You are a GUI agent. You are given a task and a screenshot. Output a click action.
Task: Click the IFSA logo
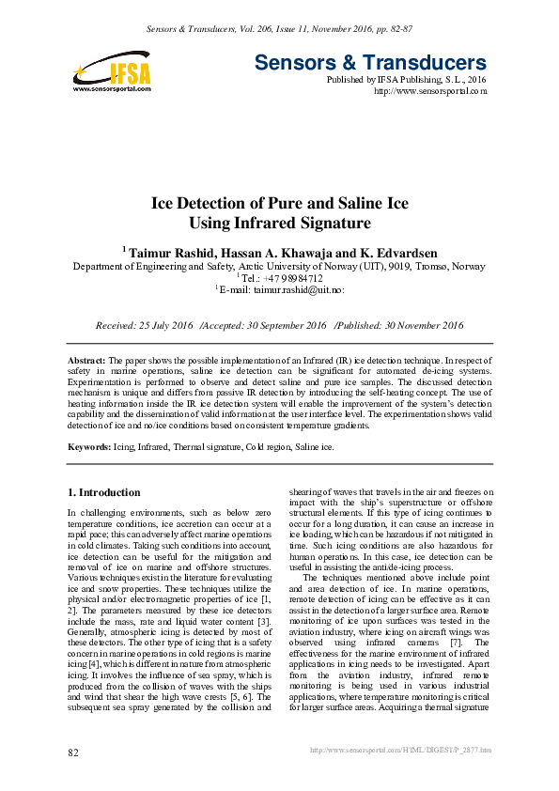pyautogui.click(x=110, y=70)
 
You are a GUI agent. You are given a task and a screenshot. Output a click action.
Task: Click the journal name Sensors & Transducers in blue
pyautogui.click(x=371, y=63)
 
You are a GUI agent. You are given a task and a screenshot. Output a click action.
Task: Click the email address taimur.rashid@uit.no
pyautogui.click(x=281, y=291)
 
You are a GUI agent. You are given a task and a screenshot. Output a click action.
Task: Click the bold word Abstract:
pyautogui.click(x=87, y=361)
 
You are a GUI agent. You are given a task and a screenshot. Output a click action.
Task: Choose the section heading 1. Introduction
pyautogui.click(x=104, y=492)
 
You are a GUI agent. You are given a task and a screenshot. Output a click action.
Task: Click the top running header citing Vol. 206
pyautogui.click(x=279, y=30)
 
